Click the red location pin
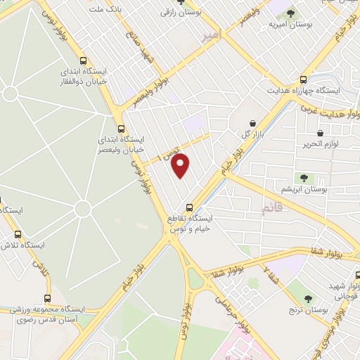tap(181, 165)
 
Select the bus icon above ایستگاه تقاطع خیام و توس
tap(188, 207)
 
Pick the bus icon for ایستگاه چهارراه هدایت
tap(303, 79)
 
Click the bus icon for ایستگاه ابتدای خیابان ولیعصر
tap(121, 129)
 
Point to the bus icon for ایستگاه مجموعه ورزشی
tap(47, 297)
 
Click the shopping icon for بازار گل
tap(252, 123)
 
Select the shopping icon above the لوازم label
tap(320, 133)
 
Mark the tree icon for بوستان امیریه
tap(292, 13)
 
